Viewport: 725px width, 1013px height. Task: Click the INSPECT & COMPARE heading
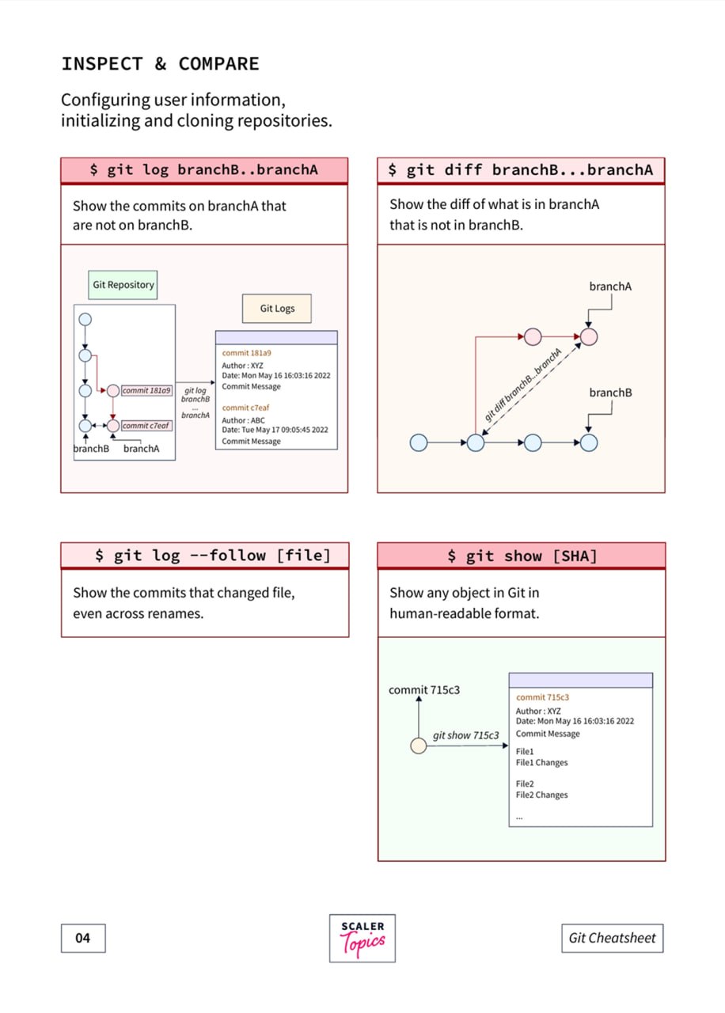(x=160, y=64)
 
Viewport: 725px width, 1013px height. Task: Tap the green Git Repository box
(x=123, y=285)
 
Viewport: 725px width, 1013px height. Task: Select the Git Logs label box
(x=277, y=309)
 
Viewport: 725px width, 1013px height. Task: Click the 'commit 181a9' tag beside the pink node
(x=146, y=390)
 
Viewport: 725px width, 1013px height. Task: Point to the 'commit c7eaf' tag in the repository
(x=146, y=426)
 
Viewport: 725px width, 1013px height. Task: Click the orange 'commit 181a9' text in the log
(x=246, y=353)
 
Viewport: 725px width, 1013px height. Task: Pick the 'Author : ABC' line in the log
(x=243, y=420)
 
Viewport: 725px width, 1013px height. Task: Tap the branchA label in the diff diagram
(x=610, y=286)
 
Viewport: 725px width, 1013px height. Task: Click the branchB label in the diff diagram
(x=610, y=393)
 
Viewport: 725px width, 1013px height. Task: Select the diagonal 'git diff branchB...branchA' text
(x=523, y=385)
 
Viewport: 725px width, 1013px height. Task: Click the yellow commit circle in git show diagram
(x=419, y=746)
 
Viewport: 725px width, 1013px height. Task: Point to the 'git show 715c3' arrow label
(x=466, y=735)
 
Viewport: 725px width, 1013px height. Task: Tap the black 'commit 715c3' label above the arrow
(x=424, y=689)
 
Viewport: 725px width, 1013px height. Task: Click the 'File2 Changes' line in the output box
(x=542, y=795)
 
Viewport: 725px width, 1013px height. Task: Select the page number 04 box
(x=83, y=938)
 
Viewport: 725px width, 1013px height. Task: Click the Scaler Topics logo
(x=362, y=938)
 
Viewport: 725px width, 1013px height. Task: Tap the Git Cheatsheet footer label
(x=613, y=938)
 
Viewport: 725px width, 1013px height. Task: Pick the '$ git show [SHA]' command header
(x=522, y=556)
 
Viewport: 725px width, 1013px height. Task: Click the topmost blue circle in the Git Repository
(x=85, y=320)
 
